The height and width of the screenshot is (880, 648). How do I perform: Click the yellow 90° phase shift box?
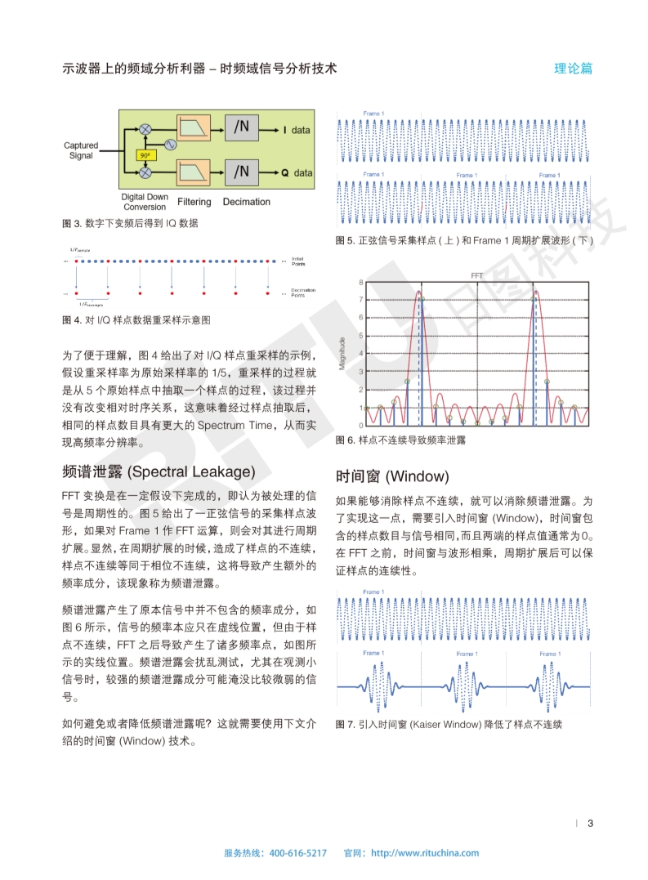pos(144,154)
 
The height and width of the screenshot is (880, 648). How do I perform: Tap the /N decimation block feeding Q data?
pos(241,172)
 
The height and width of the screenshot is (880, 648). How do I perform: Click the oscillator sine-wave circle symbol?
pos(171,144)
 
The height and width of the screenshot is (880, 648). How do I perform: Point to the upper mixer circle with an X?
pos(145,129)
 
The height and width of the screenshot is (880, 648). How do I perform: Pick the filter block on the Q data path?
pos(193,172)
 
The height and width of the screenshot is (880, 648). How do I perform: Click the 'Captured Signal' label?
pos(81,150)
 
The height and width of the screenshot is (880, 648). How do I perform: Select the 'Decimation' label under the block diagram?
pos(246,202)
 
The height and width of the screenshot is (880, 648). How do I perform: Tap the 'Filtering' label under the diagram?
pos(194,202)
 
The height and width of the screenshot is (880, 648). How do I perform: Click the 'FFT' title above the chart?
pos(476,275)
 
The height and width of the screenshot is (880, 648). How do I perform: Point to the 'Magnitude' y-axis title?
pos(343,352)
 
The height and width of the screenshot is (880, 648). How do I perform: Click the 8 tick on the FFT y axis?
pos(360,283)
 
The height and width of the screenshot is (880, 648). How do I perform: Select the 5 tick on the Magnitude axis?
pos(360,336)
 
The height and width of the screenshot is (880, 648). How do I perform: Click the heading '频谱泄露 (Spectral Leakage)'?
pos(159,471)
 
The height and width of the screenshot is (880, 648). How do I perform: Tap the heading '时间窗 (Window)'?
pos(392,476)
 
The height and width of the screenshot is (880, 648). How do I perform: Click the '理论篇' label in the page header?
pos(573,69)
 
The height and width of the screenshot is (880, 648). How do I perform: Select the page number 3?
pos(590,823)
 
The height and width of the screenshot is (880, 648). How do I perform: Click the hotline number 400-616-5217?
pos(297,853)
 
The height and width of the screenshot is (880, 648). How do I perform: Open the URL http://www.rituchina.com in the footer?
pos(425,853)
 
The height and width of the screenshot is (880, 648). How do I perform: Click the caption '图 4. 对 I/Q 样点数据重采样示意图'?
pos(136,319)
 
